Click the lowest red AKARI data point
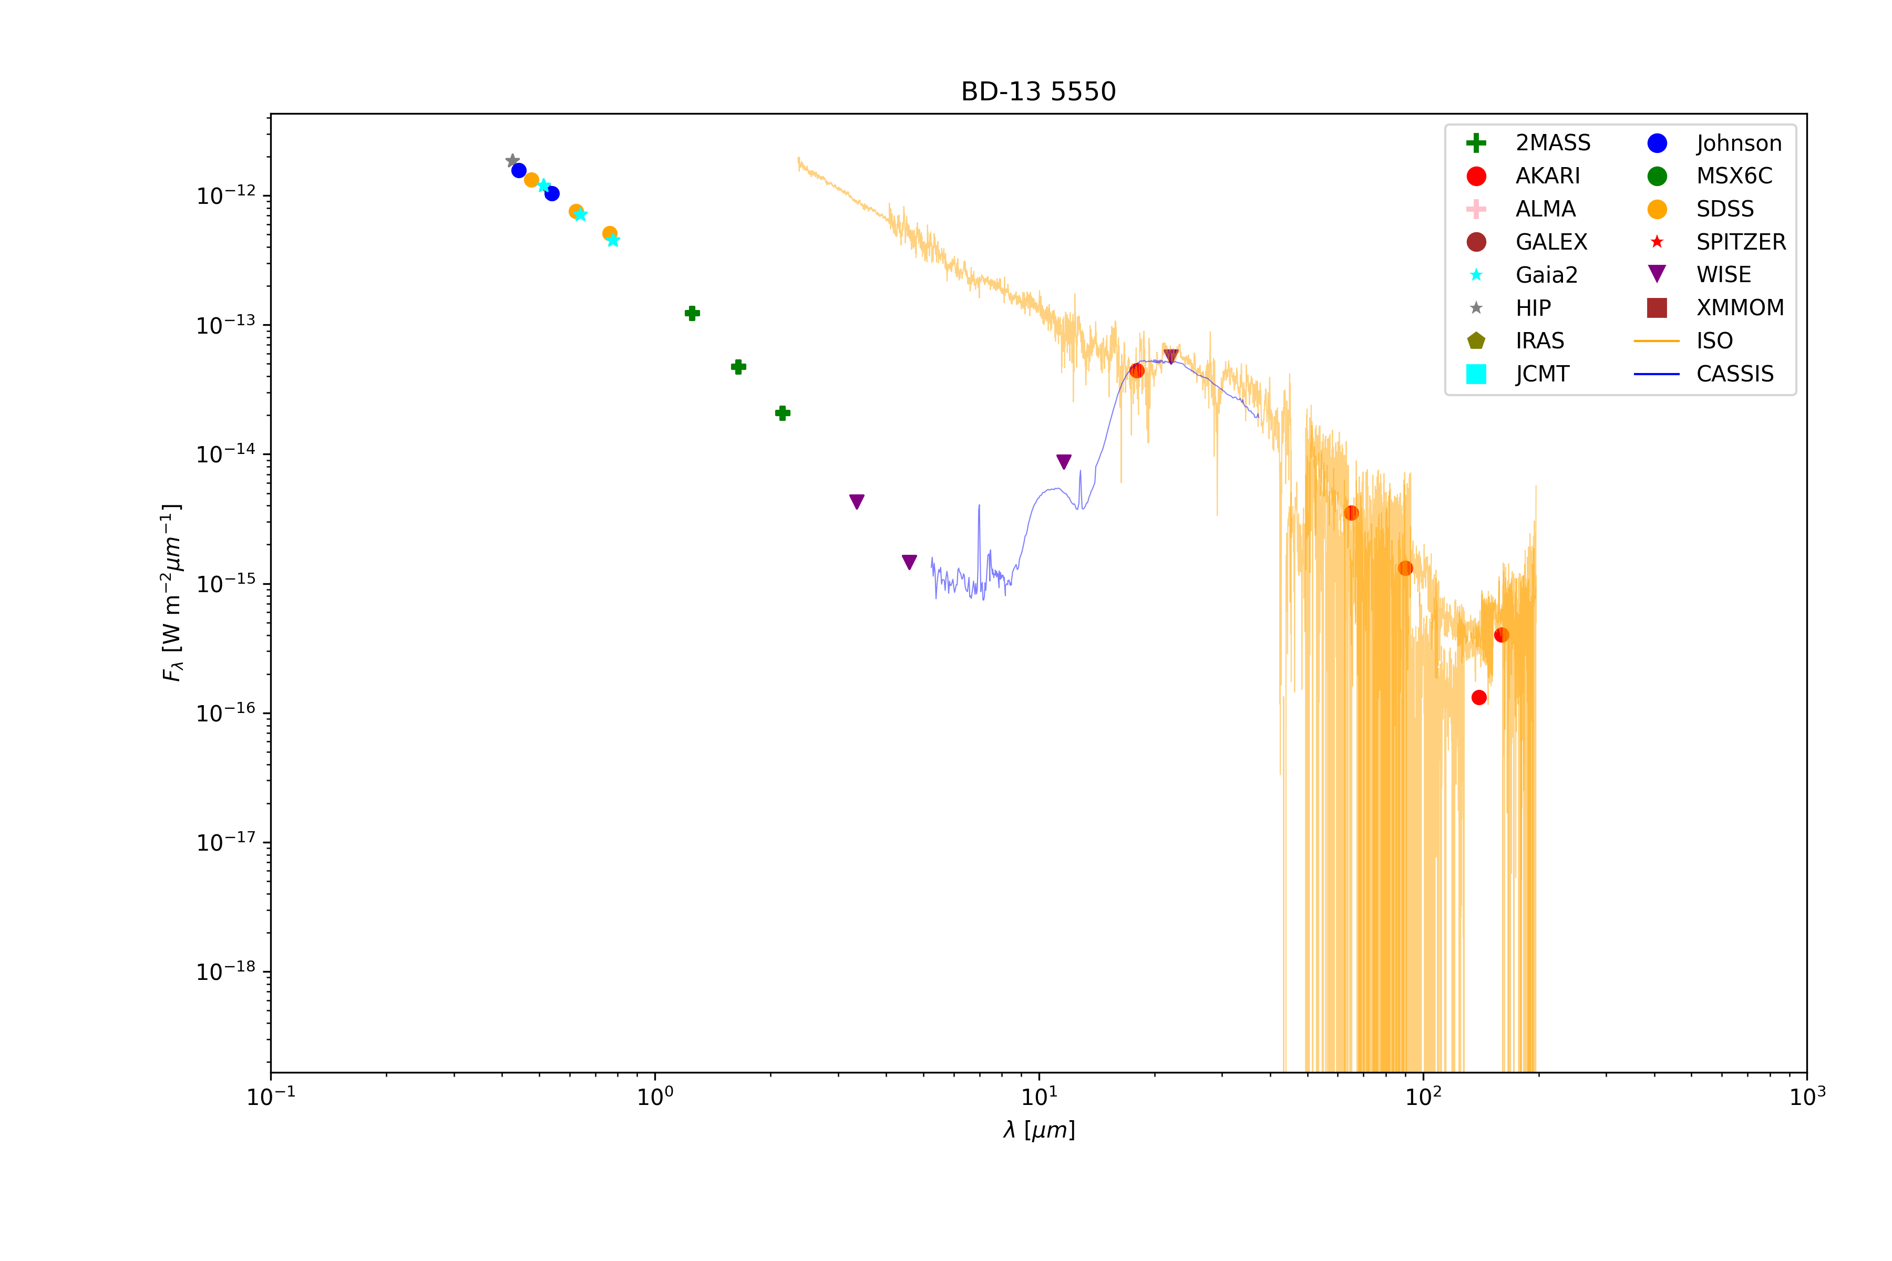1478,697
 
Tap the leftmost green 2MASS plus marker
692,313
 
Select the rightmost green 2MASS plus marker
783,414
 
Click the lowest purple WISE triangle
909,562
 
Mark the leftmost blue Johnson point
519,170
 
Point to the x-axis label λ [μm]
1038,1130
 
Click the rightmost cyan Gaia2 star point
613,240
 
